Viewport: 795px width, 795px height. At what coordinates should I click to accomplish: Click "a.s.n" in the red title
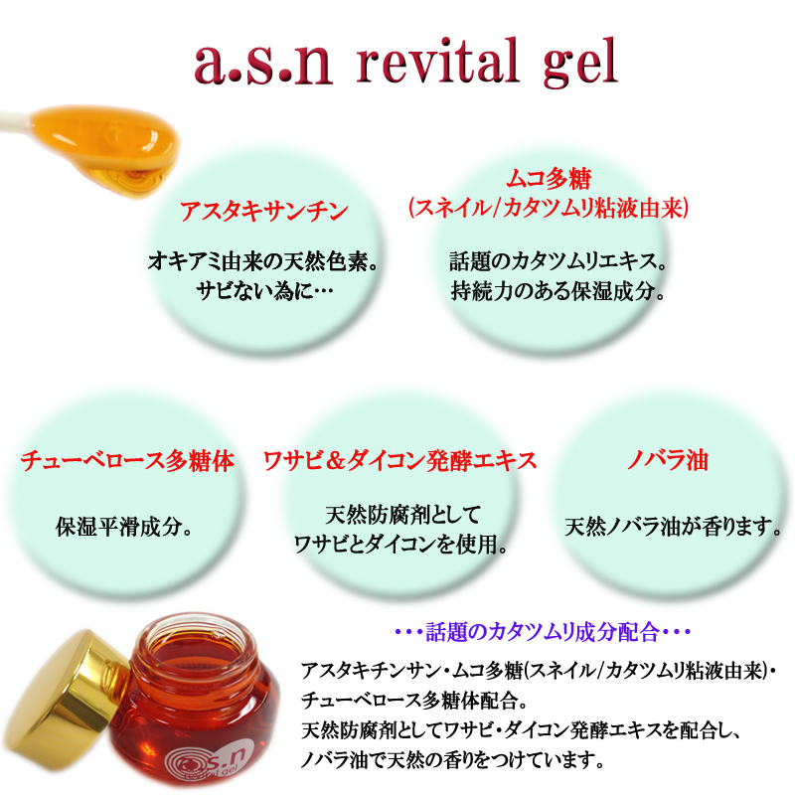point(263,65)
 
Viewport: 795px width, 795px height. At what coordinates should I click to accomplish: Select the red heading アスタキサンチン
point(264,211)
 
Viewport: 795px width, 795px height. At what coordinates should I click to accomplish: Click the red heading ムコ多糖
point(550,178)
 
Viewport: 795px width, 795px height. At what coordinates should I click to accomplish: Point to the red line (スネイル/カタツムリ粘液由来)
point(549,208)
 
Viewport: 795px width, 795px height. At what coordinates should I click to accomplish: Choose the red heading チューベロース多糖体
point(127,461)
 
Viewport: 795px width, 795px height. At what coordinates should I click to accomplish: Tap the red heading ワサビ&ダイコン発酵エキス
point(400,461)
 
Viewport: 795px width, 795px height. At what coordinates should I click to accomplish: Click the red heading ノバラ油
point(667,461)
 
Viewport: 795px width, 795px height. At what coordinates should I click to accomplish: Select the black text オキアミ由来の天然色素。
point(262,261)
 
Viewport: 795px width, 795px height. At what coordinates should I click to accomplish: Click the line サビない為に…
point(264,291)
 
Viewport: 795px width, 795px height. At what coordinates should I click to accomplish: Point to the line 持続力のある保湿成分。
point(557,291)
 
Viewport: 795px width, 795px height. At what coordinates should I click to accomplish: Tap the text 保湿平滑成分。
point(124,528)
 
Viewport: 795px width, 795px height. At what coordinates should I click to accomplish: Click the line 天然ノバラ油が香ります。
point(673,528)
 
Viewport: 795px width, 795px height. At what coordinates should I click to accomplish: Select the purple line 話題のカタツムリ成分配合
point(543,632)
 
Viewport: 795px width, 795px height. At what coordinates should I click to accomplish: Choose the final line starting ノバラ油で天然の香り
point(452,760)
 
